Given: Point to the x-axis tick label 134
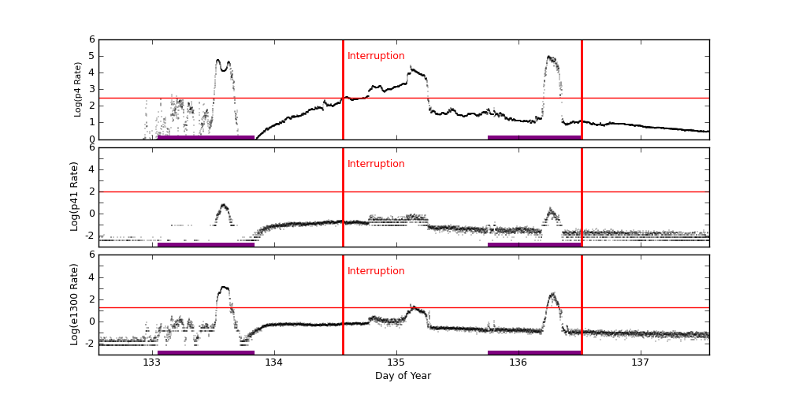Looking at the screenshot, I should tap(274, 362).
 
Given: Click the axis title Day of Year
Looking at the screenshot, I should tap(403, 376).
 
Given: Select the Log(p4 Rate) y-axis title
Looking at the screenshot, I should tap(78, 89).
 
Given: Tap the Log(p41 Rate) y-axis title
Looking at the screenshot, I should tap(75, 196).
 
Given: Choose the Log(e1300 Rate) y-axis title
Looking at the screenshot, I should tap(75, 304).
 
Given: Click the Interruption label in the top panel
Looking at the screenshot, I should tap(376, 56).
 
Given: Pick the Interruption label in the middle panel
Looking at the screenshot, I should tap(376, 164).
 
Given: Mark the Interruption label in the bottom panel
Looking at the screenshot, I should tap(376, 271).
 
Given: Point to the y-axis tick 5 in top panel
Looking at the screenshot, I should tap(91, 56).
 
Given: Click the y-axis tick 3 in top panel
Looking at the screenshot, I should tap(91, 89).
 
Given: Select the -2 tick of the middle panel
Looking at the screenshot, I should tap(89, 235).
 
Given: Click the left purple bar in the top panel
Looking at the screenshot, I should tap(206, 137).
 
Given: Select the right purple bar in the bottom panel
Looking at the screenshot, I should tap(534, 352).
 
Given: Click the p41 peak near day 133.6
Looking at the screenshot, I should tap(224, 206).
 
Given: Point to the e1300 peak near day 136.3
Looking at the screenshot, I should tap(552, 295).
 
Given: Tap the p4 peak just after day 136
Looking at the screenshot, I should tap(550, 58).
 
